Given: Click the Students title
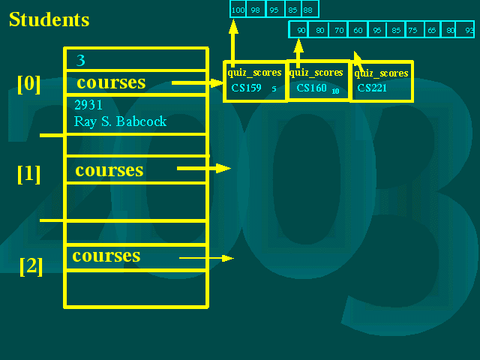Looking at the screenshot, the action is click(49, 19).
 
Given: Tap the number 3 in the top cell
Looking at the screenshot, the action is click(80, 60).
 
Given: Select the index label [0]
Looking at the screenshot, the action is click(28, 84).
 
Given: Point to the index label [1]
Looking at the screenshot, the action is click(28, 174).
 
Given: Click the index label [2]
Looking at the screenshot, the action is click(31, 266).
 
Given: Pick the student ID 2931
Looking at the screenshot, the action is click(88, 105).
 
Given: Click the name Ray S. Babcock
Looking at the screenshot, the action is click(120, 121).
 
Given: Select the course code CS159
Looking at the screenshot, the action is click(246, 88).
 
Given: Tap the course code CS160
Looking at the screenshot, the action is click(312, 88).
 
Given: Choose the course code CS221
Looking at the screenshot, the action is click(372, 88).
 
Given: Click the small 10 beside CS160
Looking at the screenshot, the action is click(335, 91).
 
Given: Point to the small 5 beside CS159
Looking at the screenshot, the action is click(274, 88).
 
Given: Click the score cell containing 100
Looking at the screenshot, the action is click(238, 9).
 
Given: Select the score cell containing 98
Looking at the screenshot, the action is click(256, 9).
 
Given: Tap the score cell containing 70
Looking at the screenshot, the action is click(338, 30).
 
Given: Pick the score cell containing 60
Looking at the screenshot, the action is click(358, 30).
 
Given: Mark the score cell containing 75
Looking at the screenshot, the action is click(414, 30).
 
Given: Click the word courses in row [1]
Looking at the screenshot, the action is click(109, 170).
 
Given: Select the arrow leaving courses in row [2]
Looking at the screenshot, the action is click(207, 258).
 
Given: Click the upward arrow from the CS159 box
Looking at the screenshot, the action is click(233, 43).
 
